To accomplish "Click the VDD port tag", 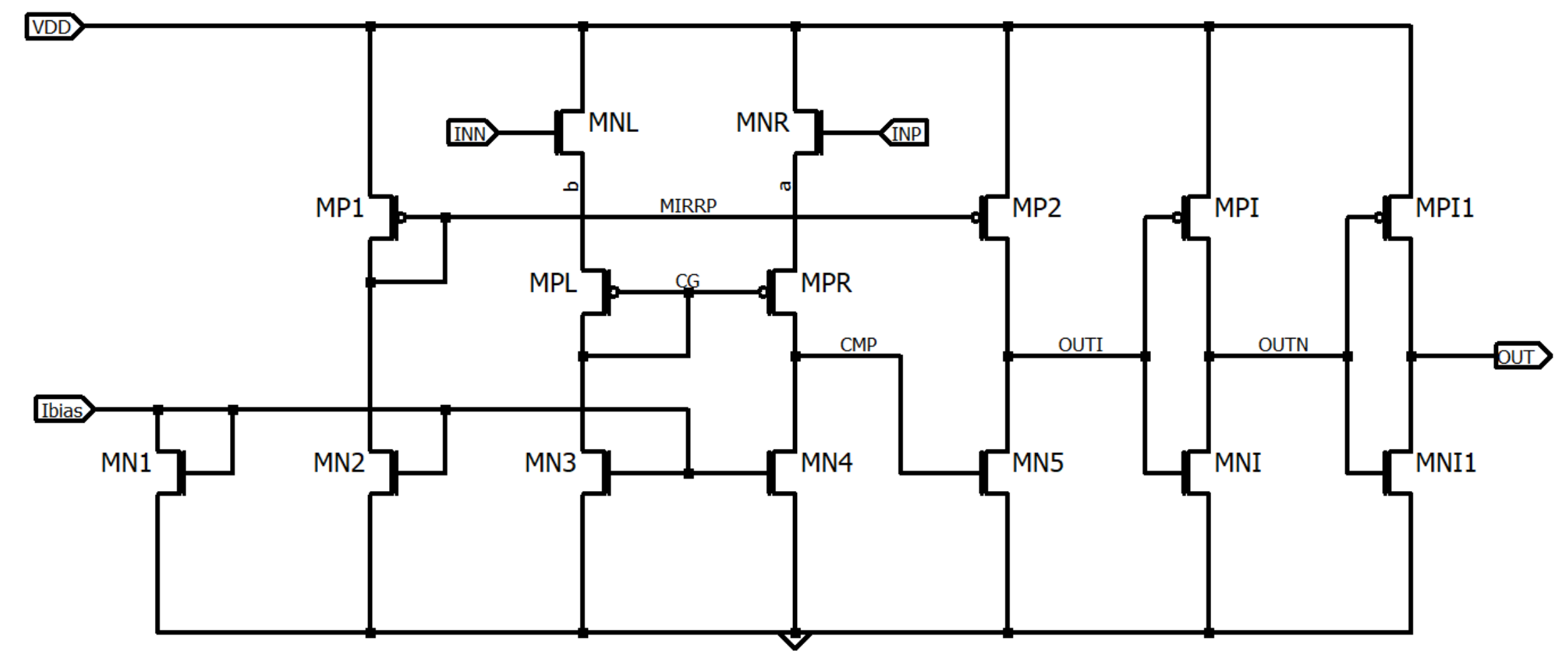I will point(53,27).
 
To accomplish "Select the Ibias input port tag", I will point(63,410).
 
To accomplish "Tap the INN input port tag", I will point(471,133).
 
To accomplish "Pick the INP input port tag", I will point(905,133).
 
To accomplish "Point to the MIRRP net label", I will point(688,206).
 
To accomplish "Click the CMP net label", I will point(858,345).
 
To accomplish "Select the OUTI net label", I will point(1080,345).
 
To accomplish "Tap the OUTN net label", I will point(1283,345).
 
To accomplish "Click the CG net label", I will point(687,280).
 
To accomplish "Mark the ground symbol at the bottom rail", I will point(795,640).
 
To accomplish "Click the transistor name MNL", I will point(613,123).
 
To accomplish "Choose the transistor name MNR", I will point(763,123).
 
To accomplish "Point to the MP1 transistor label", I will point(340,207).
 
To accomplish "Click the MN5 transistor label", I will point(1038,463).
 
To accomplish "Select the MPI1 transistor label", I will point(1445,207).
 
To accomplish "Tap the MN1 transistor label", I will point(127,463).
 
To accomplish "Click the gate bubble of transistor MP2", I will point(976,217).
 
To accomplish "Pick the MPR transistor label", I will point(826,282).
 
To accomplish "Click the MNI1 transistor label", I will point(1446,463).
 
